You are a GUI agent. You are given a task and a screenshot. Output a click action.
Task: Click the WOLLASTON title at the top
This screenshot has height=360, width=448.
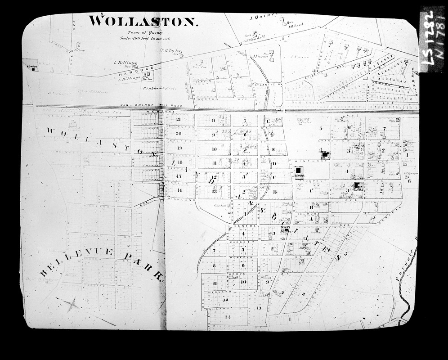coord(143,22)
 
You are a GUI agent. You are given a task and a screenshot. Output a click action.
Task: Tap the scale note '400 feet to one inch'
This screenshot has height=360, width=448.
coord(137,39)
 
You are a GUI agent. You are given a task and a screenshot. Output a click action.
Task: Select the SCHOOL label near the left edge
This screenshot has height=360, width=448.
coord(32,67)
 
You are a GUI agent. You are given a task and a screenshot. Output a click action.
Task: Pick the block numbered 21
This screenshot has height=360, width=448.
coord(179,119)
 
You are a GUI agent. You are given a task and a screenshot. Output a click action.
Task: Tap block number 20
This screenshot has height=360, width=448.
coord(179,133)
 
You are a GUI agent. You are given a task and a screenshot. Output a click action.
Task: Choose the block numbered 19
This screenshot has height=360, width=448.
coord(179,148)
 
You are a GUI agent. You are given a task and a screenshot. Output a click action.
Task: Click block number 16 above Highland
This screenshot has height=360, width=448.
coord(179,190)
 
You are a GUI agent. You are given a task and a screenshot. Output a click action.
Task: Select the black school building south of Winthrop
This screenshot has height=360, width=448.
coord(299,170)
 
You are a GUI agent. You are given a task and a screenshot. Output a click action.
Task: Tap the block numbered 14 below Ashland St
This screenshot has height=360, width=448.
coord(227,317)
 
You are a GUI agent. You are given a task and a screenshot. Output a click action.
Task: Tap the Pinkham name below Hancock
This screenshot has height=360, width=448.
coord(152,88)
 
